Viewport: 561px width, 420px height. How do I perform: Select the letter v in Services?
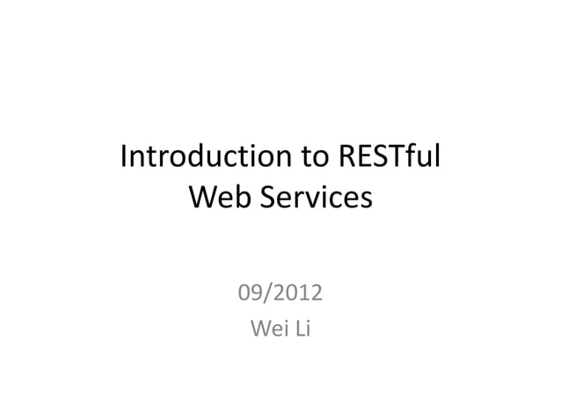coord(313,199)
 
